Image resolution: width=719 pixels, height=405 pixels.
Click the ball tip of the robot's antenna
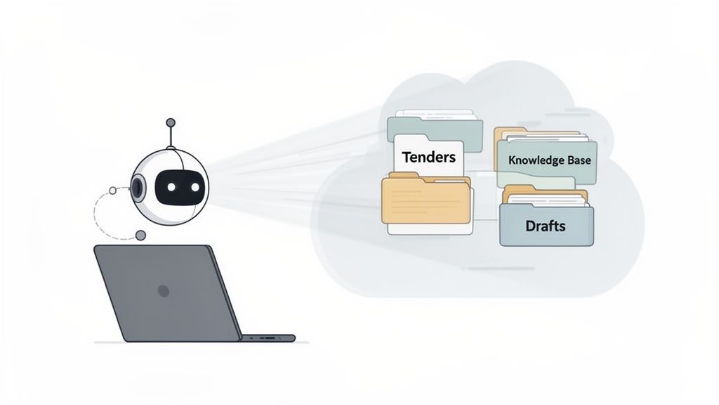point(169,122)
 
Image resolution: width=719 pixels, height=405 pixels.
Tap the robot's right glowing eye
point(194,186)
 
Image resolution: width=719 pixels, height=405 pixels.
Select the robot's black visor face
point(182,186)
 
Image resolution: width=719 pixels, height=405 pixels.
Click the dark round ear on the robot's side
point(138,187)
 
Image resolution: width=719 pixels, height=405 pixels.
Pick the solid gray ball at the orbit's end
point(141,235)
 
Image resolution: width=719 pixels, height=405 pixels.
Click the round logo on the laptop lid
point(164,290)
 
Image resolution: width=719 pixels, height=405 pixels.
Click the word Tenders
point(428,157)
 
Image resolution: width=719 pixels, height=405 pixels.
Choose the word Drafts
point(546,226)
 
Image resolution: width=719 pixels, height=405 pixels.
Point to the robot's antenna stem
point(169,136)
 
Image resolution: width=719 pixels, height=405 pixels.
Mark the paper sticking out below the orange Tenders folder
point(428,229)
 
